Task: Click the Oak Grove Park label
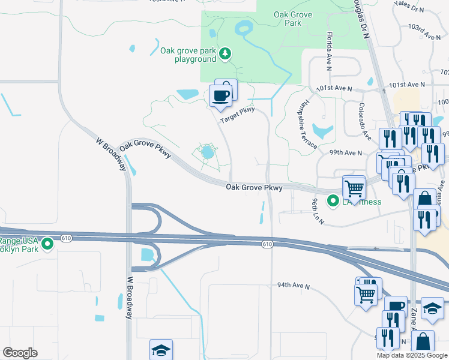click(x=287, y=18)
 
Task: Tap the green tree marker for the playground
click(x=225, y=55)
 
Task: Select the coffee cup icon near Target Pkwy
click(x=220, y=95)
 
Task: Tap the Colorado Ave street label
click(x=365, y=121)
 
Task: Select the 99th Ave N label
click(x=346, y=153)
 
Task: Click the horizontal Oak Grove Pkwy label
click(x=254, y=188)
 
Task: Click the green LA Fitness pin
click(x=333, y=201)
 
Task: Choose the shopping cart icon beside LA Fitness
click(x=354, y=188)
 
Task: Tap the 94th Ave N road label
click(x=293, y=286)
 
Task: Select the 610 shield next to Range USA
click(x=66, y=238)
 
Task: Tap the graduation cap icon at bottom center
click(x=160, y=350)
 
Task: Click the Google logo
click(x=20, y=353)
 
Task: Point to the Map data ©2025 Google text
click(x=411, y=355)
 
